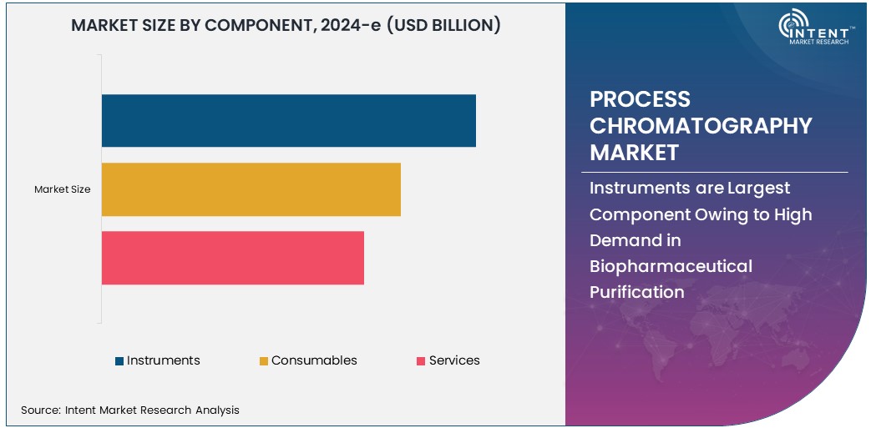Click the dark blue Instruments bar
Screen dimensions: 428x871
tap(288, 121)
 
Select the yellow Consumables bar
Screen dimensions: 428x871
tap(251, 189)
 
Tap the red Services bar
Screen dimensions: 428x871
tap(232, 258)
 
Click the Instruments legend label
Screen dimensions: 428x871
tap(164, 360)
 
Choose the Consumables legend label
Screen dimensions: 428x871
tap(314, 360)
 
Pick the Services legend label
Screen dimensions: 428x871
tap(454, 360)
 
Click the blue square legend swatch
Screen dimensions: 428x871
tap(119, 361)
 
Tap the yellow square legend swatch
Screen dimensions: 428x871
tap(264, 361)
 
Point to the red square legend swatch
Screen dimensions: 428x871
tap(421, 361)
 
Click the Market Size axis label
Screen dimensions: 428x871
tap(62, 189)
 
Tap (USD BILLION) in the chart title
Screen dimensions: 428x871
tap(443, 25)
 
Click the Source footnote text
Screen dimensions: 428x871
tap(129, 410)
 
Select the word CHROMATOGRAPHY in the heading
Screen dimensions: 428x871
tap(701, 126)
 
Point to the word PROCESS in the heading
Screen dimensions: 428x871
tap(640, 99)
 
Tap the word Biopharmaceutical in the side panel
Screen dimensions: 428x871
tap(671, 266)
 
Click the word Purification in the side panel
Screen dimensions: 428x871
tap(636, 292)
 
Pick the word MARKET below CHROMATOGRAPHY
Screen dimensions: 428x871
tap(634, 153)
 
